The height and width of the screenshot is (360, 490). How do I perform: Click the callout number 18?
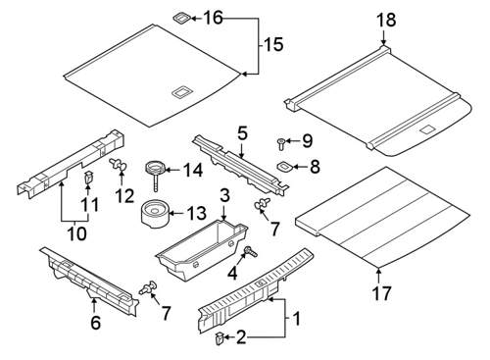[386, 20]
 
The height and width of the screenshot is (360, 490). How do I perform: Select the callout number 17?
[381, 293]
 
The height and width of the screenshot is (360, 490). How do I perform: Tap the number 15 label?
[273, 44]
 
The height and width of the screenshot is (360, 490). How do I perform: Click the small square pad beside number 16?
[181, 19]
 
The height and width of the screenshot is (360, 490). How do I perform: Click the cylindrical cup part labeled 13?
[156, 215]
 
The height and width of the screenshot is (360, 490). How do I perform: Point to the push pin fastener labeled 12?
[119, 165]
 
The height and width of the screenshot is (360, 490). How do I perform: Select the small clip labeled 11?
[87, 177]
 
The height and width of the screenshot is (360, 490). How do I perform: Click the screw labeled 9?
[280, 144]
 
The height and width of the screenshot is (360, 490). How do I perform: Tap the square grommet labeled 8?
[285, 167]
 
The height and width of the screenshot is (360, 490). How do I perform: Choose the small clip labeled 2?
[220, 338]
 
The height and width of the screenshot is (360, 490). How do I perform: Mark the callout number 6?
[95, 323]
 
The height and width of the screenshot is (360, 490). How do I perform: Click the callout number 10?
[77, 232]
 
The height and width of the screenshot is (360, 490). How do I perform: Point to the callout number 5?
[242, 134]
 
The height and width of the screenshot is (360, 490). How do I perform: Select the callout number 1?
[297, 319]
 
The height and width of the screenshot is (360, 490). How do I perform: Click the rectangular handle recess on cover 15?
[181, 91]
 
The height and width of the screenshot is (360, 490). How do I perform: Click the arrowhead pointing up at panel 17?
[378, 271]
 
